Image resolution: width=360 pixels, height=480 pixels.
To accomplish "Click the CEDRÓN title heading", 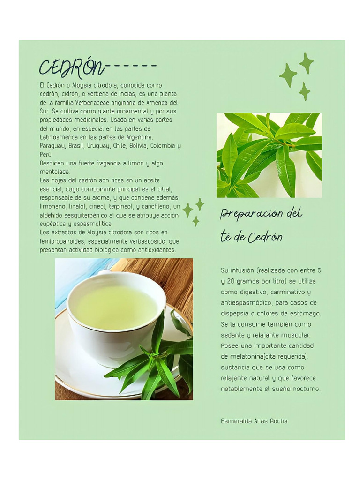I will (x=71, y=68).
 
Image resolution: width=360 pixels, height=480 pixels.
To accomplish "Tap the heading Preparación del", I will (x=261, y=214).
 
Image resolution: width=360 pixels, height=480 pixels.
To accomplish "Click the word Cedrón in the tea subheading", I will (x=265, y=238).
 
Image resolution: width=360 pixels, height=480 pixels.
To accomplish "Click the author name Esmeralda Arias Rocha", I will (x=254, y=421).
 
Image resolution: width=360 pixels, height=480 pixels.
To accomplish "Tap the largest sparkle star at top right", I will (x=288, y=75).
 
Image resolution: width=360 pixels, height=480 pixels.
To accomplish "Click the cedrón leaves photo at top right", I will (x=269, y=155).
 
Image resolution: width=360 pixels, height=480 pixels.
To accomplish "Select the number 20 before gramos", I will (x=228, y=281).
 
